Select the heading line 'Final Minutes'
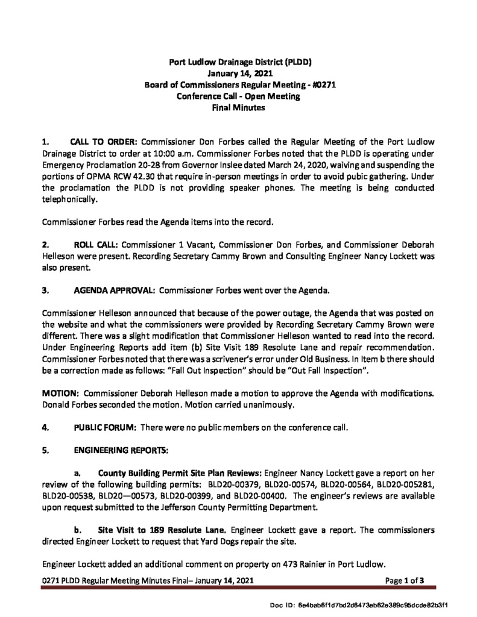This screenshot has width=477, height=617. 238,108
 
